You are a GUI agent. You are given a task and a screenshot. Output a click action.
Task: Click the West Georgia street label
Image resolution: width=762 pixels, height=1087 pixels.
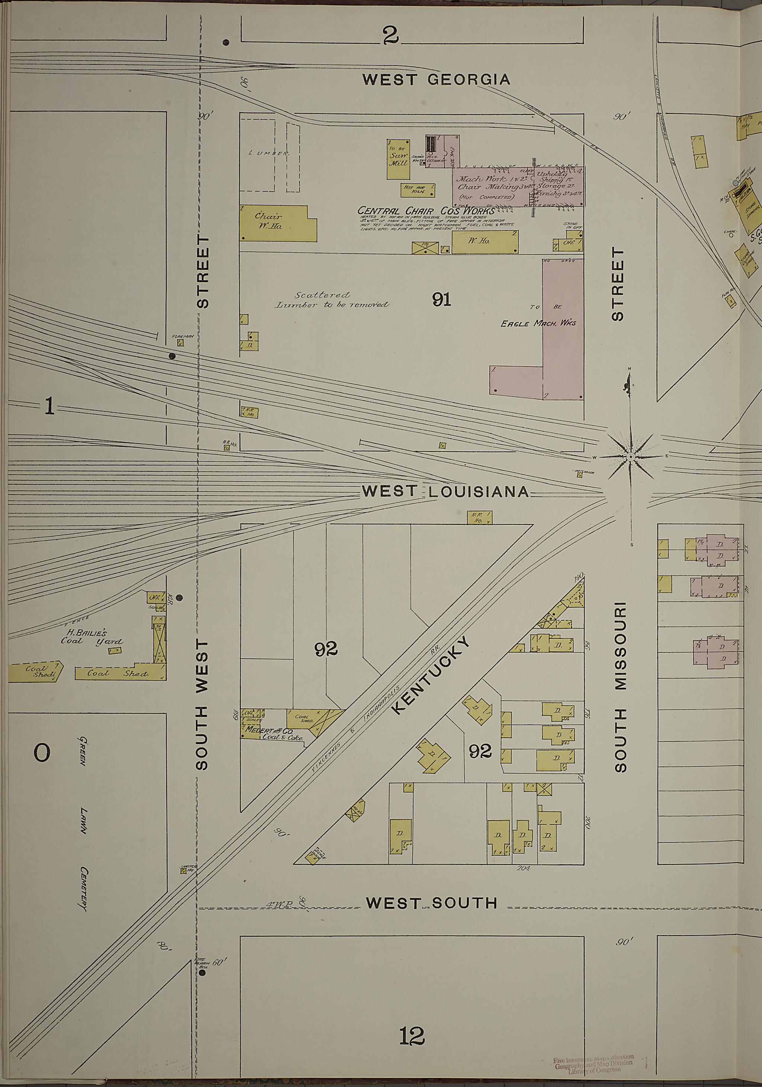[436, 79]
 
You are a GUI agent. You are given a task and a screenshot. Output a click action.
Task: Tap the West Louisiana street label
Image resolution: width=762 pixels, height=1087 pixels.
[445, 491]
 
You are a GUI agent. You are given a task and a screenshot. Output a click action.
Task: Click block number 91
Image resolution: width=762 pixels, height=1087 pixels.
[441, 299]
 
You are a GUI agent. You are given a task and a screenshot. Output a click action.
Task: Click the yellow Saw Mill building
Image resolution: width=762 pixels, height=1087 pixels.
[398, 159]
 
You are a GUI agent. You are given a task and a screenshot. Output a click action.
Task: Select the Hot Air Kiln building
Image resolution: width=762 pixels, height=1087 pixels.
[417, 190]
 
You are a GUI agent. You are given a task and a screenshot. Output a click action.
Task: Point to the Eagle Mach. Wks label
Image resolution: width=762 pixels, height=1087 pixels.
[538, 323]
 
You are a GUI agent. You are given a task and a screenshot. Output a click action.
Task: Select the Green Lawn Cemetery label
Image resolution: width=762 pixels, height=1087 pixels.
[83, 824]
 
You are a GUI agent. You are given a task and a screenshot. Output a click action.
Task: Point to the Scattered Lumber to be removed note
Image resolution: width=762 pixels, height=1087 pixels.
[332, 300]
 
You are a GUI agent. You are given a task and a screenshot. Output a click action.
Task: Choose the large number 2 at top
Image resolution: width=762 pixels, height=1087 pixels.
[391, 35]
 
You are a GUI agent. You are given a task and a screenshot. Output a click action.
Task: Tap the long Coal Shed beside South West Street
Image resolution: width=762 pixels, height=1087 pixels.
[118, 673]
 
